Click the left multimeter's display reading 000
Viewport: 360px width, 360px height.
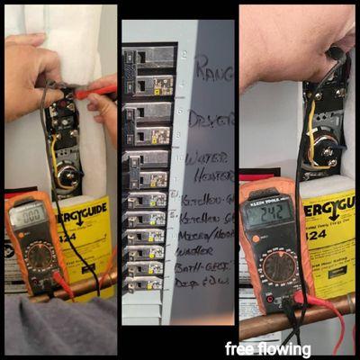[x=28, y=217]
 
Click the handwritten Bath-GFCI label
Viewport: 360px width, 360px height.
[x=204, y=267]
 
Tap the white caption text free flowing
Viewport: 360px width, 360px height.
[x=268, y=349]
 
